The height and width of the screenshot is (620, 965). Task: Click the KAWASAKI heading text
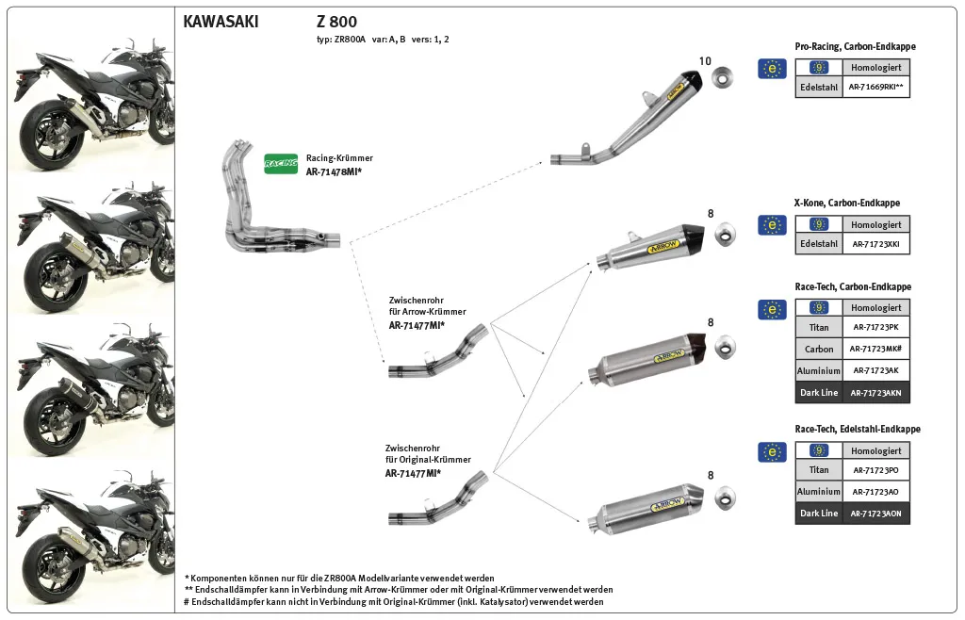coord(221,22)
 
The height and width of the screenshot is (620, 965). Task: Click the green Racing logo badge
coord(281,163)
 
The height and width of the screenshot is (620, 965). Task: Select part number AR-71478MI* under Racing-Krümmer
coord(334,172)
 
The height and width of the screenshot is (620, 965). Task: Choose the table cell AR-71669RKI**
coord(876,87)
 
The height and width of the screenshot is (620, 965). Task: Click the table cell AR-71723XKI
coord(876,244)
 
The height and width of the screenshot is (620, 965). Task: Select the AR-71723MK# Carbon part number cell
coord(876,349)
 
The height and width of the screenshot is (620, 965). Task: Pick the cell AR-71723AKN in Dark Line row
coord(876,393)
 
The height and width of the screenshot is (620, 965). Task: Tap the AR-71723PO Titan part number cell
coord(876,469)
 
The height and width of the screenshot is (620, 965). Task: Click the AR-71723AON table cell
coord(876,514)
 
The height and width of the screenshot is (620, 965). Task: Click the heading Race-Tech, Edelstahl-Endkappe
coord(858,429)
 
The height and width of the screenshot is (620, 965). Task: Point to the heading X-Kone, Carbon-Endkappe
coord(847,203)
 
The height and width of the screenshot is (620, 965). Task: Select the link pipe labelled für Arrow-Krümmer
coord(438,354)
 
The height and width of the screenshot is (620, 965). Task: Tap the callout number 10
coord(705,61)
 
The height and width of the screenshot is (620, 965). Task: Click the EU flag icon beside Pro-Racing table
coord(772,68)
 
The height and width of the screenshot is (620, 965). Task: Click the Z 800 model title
coord(336,22)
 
